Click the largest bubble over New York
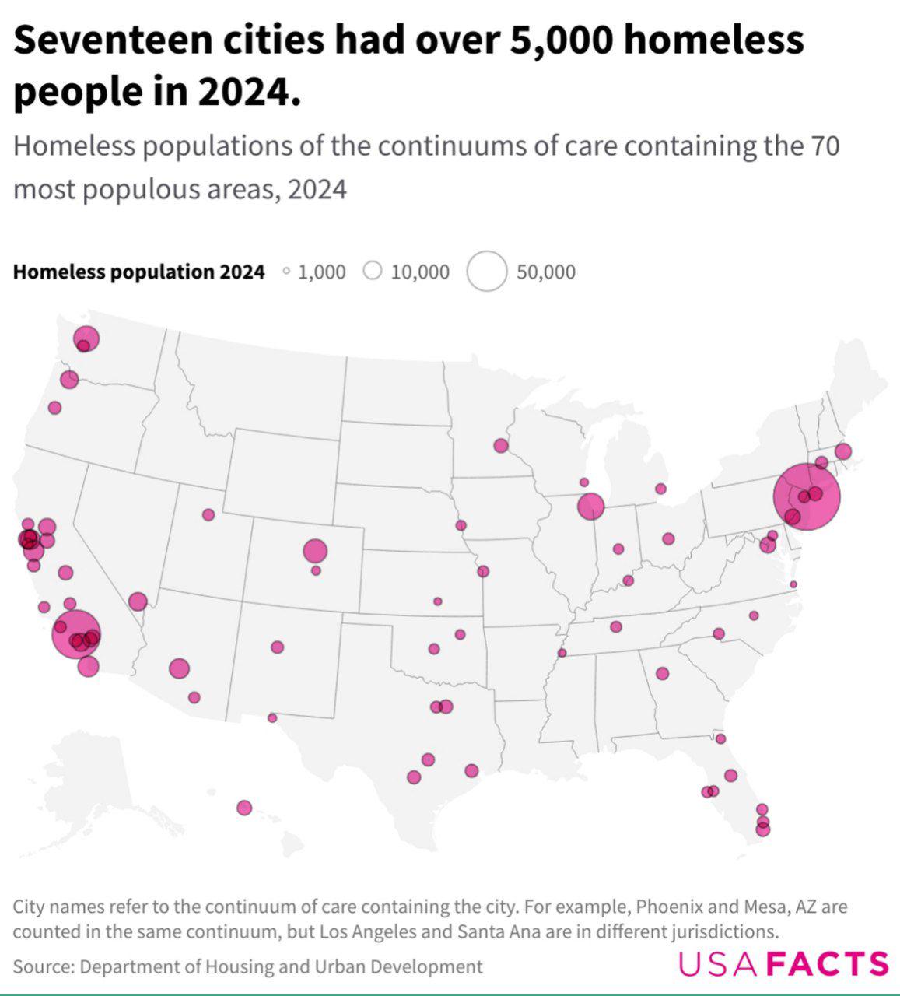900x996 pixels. pyautogui.click(x=807, y=496)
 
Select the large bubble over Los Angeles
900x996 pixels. pyautogui.click(x=76, y=633)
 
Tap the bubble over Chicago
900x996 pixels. pyautogui.click(x=591, y=507)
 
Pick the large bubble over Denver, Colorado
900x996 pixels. pyautogui.click(x=315, y=551)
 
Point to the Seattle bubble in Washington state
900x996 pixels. pyautogui.click(x=86, y=338)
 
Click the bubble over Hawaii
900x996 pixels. pyautogui.click(x=244, y=808)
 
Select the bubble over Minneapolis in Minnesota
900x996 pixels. pyautogui.click(x=501, y=446)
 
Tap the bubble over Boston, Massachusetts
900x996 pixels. pyautogui.click(x=843, y=451)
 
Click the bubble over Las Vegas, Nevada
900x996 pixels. pyautogui.click(x=138, y=601)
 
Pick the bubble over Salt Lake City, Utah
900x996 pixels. pyautogui.click(x=208, y=514)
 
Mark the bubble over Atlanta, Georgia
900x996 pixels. pyautogui.click(x=662, y=673)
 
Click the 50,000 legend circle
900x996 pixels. pyautogui.click(x=488, y=272)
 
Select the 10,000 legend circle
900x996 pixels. pyautogui.click(x=373, y=271)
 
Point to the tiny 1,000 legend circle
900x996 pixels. pyautogui.click(x=286, y=272)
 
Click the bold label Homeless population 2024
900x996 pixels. pyautogui.click(x=139, y=272)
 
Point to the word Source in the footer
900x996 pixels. pyautogui.click(x=43, y=966)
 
